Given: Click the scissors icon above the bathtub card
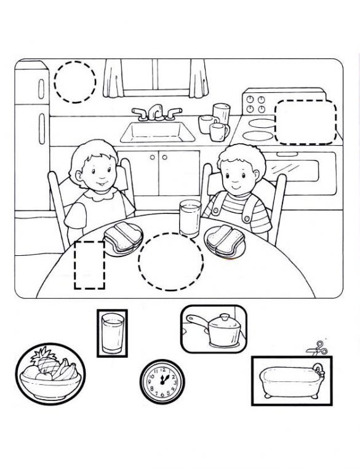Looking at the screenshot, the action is (x=317, y=348).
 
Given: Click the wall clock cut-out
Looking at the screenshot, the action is (x=162, y=382).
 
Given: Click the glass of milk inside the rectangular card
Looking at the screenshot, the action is (x=113, y=333).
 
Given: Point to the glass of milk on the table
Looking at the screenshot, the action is (x=190, y=218).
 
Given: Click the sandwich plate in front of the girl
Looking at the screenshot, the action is (x=124, y=239).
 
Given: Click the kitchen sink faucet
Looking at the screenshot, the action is (x=157, y=113).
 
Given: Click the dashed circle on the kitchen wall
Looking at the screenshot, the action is (x=75, y=82).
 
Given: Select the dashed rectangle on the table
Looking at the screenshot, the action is (x=89, y=265).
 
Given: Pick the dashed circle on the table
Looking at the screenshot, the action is (x=171, y=261).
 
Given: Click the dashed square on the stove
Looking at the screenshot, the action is (x=306, y=122).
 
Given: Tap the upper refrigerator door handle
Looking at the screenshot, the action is (x=41, y=89).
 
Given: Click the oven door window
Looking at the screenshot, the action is (x=291, y=170).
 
